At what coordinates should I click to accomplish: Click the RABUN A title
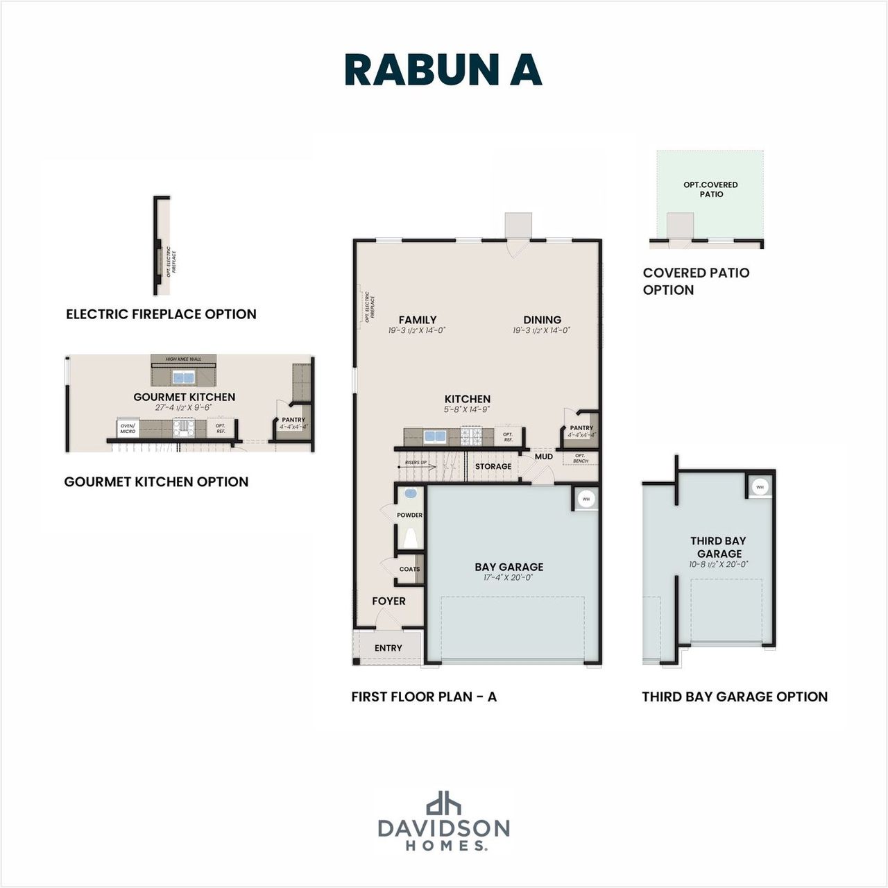pyautogui.click(x=443, y=69)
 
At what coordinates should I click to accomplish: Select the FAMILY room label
pyautogui.click(x=417, y=320)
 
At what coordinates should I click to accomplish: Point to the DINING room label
pyautogui.click(x=542, y=320)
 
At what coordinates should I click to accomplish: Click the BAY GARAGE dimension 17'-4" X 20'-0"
pyautogui.click(x=509, y=578)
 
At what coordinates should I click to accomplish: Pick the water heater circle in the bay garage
pyautogui.click(x=586, y=499)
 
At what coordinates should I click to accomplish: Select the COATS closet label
pyautogui.click(x=409, y=569)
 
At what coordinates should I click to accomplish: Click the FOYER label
pyautogui.click(x=388, y=601)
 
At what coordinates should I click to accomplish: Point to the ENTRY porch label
pyautogui.click(x=388, y=648)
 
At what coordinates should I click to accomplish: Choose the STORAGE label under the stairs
pyautogui.click(x=493, y=466)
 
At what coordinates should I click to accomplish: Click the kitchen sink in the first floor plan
pyautogui.click(x=434, y=437)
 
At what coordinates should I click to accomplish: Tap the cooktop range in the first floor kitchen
pyautogui.click(x=475, y=437)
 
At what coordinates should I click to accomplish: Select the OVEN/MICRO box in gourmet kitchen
pyautogui.click(x=128, y=429)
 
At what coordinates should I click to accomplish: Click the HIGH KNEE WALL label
pyautogui.click(x=183, y=359)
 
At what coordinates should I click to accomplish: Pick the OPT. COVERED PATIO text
pyautogui.click(x=710, y=189)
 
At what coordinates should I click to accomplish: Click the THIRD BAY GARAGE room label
pyautogui.click(x=719, y=547)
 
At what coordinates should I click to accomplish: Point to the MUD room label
pyautogui.click(x=544, y=456)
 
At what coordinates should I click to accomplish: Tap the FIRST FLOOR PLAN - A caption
pyautogui.click(x=424, y=697)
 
